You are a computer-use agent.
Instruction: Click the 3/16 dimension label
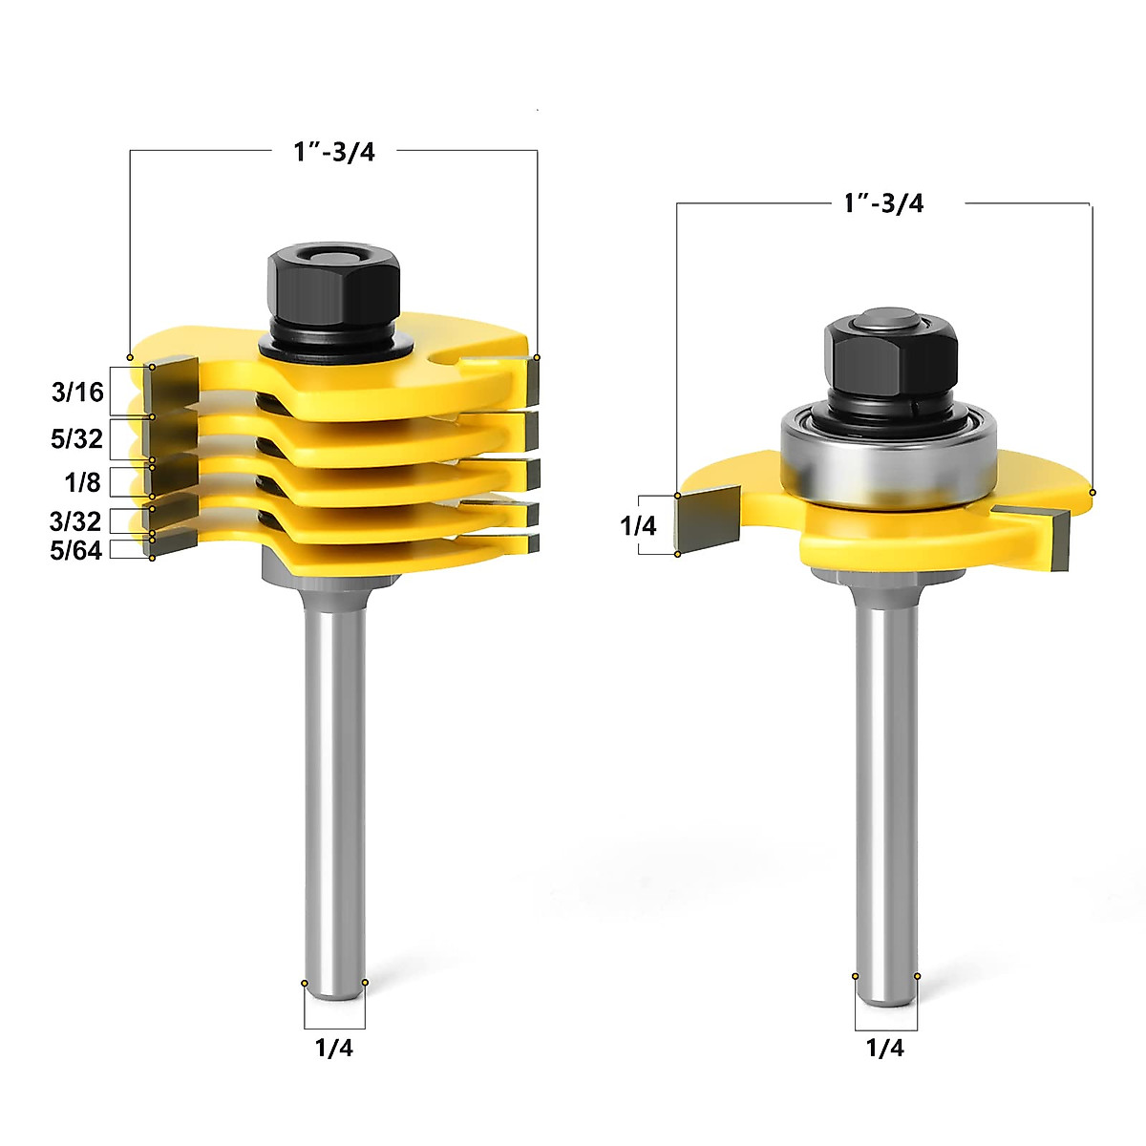[x=77, y=392]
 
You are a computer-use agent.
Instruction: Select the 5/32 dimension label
[x=76, y=438]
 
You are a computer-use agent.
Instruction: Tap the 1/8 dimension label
[x=82, y=482]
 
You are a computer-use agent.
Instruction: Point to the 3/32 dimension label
[x=75, y=520]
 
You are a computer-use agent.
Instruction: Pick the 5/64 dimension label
[x=75, y=550]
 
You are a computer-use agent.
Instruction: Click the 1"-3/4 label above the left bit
[x=334, y=152]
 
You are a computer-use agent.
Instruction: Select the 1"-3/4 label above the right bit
[x=883, y=203]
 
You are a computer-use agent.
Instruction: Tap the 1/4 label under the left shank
[x=333, y=1048]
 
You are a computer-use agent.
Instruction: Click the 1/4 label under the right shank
[x=884, y=1048]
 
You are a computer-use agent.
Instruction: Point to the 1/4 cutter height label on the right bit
[x=638, y=525]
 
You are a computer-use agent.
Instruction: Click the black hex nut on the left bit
[x=330, y=282]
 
